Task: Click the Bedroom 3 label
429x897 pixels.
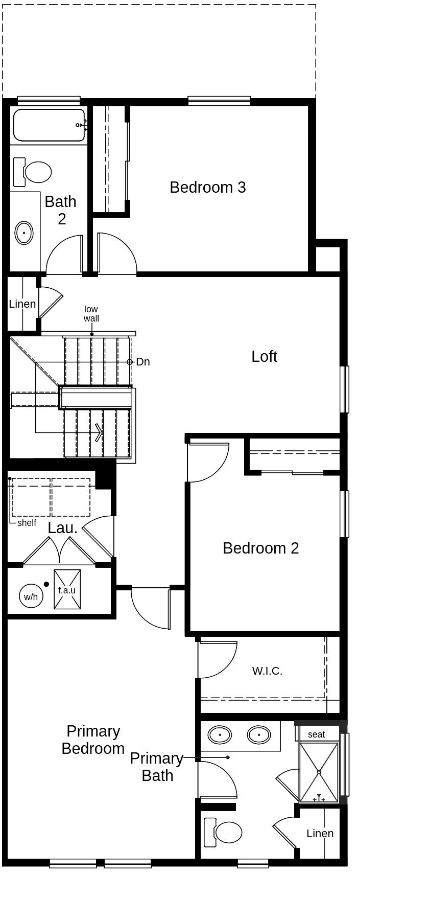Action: click(x=207, y=188)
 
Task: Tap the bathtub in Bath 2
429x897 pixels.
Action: click(x=49, y=125)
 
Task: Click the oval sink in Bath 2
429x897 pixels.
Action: click(x=24, y=233)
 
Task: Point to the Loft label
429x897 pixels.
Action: click(x=264, y=356)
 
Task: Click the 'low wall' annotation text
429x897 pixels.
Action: click(x=91, y=314)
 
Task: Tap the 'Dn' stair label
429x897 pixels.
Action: click(x=143, y=362)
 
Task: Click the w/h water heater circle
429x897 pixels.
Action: click(x=31, y=596)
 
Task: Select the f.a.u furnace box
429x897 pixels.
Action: click(x=67, y=589)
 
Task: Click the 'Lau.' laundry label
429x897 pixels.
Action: click(x=63, y=528)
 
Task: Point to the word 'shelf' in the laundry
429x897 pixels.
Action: click(x=27, y=523)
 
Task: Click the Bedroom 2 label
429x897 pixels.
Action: click(x=260, y=548)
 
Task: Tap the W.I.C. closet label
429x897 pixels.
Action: click(x=267, y=671)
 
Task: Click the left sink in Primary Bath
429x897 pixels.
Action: click(x=220, y=735)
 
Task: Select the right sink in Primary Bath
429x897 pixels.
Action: click(x=259, y=735)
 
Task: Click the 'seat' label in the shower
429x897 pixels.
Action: click(x=316, y=734)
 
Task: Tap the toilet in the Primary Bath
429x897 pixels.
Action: click(x=225, y=832)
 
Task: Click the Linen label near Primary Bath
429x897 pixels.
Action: click(x=320, y=834)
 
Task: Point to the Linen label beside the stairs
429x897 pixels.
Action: click(x=22, y=304)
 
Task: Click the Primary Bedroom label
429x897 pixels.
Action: click(x=93, y=740)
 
